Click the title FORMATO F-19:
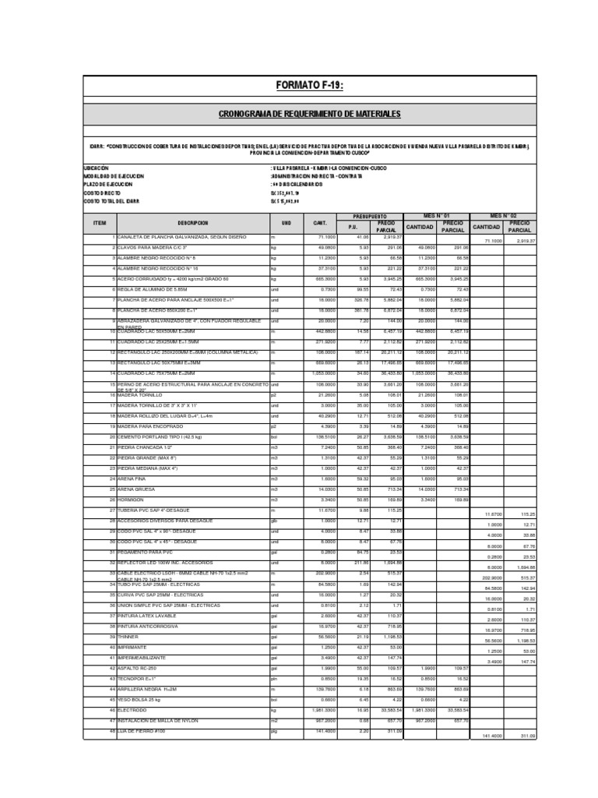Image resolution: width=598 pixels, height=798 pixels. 309,85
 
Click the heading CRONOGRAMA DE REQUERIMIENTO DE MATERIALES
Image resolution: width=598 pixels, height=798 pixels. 309,115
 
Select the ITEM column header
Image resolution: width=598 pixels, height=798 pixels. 99,223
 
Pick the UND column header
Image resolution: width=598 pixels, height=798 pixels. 286,223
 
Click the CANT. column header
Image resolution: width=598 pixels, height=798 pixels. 320,223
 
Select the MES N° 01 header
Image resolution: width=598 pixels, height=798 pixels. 436,214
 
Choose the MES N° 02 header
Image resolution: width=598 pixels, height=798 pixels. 503,214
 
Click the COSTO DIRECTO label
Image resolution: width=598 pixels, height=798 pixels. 102,192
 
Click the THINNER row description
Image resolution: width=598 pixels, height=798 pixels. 130,635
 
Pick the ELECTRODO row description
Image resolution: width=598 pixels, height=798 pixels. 134,711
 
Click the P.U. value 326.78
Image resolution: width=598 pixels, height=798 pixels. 360,299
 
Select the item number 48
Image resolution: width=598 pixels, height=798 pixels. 112,732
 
